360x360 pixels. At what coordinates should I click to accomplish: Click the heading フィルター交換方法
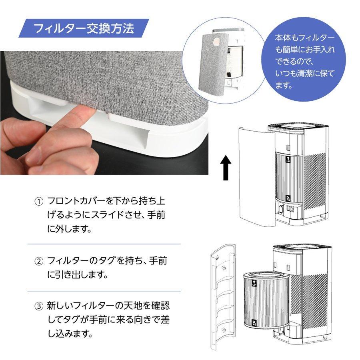pyautogui.click(x=84, y=29)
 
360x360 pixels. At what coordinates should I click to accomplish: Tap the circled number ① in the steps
pyautogui.click(x=38, y=201)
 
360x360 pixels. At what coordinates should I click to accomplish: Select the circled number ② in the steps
pyautogui.click(x=38, y=262)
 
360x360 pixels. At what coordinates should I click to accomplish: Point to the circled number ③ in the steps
pyautogui.click(x=38, y=307)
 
